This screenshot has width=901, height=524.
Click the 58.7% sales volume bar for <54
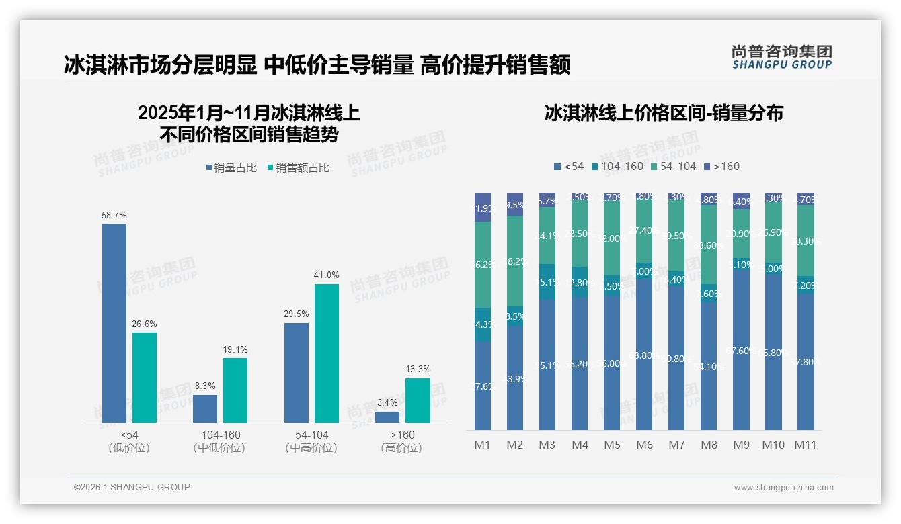tap(114, 323)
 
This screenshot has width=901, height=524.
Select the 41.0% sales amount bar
tap(327, 353)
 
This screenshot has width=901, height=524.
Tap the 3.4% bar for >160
tap(387, 417)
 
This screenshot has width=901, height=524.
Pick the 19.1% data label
tap(235, 349)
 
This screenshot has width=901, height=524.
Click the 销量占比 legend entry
tap(231, 168)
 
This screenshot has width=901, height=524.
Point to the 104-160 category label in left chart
tap(220, 435)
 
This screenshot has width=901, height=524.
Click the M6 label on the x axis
tap(644, 445)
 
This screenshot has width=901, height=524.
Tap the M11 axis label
tap(806, 445)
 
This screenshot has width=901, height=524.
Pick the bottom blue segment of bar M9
tap(741, 350)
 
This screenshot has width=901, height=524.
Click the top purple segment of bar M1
tap(483, 208)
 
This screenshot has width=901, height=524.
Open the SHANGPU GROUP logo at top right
tap(781, 57)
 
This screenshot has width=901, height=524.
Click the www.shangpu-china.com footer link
tap(783, 488)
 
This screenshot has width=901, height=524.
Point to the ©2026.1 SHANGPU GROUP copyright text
tap(132, 487)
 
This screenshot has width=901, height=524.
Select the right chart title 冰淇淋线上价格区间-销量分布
tap(664, 113)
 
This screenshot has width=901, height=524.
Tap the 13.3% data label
tap(418, 369)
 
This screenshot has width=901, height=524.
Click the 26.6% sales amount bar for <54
tap(145, 378)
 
